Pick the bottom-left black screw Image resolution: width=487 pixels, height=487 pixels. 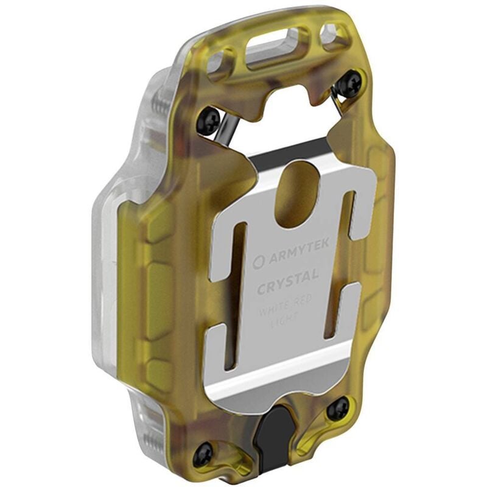click(x=203, y=454)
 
